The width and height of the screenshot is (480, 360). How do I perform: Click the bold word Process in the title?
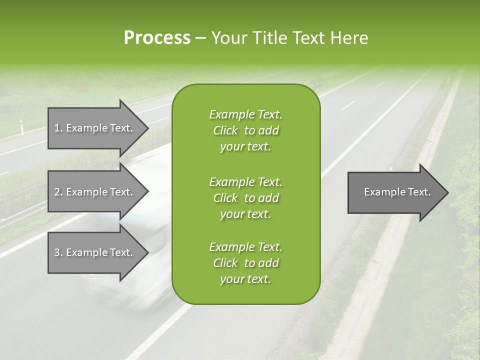click(157, 38)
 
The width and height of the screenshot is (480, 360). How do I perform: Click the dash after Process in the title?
click(200, 38)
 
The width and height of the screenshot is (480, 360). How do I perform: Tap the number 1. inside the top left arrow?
click(58, 128)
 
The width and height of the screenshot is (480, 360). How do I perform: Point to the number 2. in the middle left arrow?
click(58, 192)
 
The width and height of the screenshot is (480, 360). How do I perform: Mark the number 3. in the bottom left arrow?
click(58, 252)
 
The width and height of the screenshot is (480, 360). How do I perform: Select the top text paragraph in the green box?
click(245, 130)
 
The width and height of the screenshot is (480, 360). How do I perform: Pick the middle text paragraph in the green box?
click(245, 198)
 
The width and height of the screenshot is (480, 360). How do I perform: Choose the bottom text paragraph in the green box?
click(245, 263)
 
